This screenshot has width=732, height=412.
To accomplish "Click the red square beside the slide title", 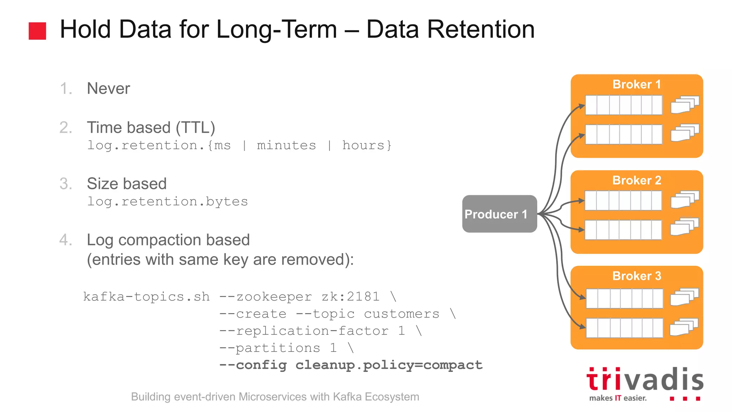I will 37,31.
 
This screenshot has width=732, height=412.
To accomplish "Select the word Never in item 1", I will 108,88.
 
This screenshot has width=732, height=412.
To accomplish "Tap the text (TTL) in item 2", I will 195,128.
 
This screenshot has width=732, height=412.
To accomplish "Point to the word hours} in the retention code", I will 367,146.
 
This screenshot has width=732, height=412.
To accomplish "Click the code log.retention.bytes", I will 167,202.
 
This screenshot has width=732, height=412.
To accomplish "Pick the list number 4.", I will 65,240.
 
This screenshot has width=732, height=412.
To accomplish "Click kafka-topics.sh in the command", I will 146,297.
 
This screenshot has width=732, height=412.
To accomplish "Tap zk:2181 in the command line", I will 350,297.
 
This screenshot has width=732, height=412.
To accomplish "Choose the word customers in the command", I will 401,314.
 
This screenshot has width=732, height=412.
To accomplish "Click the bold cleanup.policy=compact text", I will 389,365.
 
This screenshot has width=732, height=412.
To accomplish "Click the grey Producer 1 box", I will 499,214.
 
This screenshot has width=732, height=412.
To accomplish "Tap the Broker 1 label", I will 637,84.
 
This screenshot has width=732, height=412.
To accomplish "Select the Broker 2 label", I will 637,180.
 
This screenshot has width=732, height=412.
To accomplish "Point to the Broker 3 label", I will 637,276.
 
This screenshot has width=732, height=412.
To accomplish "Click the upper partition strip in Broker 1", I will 623,105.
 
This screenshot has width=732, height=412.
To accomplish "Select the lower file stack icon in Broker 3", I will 684,327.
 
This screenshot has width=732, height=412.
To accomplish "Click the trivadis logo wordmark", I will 644,380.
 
